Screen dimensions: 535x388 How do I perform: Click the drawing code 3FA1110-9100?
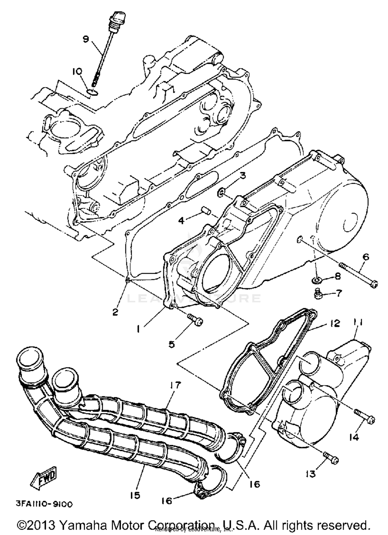click(44, 504)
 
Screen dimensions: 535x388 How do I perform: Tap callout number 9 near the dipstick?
click(86, 39)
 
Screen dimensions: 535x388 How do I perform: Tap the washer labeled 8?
click(315, 280)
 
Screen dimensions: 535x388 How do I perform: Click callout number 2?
click(115, 312)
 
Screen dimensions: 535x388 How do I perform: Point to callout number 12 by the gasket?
click(335, 323)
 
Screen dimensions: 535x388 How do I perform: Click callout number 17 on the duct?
click(175, 385)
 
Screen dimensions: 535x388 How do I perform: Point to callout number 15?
click(135, 495)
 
